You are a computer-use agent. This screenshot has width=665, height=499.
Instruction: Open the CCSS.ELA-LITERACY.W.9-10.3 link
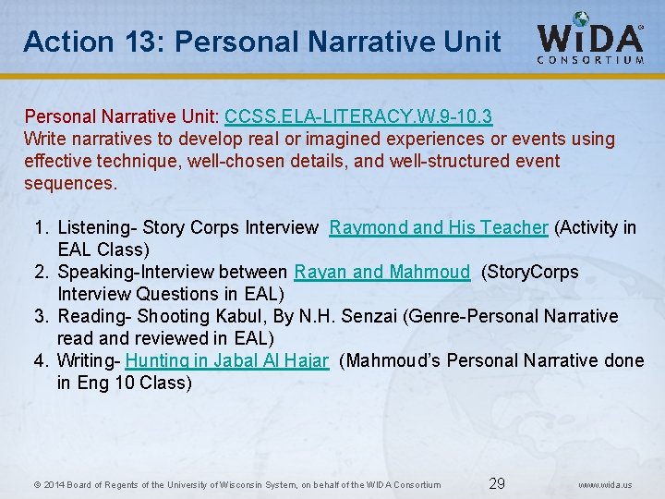pyautogui.click(x=358, y=116)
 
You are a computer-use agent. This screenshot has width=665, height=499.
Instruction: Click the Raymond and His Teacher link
pyautogui.click(x=439, y=227)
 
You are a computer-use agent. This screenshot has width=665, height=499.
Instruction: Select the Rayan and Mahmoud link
pyautogui.click(x=382, y=272)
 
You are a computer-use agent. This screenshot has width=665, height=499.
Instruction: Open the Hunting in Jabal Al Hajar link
pyautogui.click(x=227, y=360)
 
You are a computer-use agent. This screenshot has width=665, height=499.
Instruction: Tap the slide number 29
pyautogui.click(x=497, y=483)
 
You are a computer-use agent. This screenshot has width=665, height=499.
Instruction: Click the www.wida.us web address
pyautogui.click(x=605, y=484)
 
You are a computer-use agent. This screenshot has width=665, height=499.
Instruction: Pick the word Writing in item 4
pyautogui.click(x=85, y=360)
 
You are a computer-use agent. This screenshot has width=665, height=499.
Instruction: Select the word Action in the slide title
pyautogui.click(x=56, y=42)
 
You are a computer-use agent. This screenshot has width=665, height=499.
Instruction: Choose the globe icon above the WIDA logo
pyautogui.click(x=581, y=19)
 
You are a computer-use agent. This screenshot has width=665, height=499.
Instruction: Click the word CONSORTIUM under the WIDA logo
pyautogui.click(x=591, y=61)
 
